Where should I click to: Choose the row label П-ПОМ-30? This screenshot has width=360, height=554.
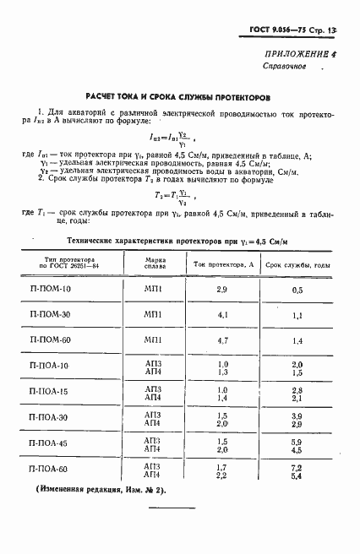click(74, 315)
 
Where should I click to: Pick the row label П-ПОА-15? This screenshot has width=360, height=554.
click(74, 393)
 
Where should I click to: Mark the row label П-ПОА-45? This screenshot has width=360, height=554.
click(74, 443)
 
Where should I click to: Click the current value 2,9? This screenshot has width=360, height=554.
click(222, 290)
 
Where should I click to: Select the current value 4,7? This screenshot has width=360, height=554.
click(223, 339)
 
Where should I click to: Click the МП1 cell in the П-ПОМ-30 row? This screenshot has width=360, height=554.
click(153, 315)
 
